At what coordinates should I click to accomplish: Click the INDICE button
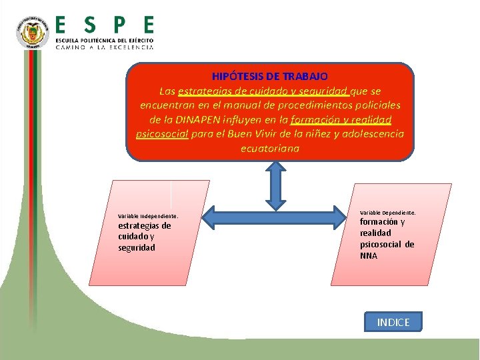(393, 323)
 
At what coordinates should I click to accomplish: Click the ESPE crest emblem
(32, 34)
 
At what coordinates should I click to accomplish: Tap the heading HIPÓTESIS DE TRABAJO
(270, 77)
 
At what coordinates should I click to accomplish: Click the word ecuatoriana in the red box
(270, 149)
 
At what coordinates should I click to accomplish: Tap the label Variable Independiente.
(148, 216)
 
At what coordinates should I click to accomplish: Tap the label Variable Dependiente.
(388, 212)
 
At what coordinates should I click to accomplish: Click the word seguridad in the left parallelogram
(137, 247)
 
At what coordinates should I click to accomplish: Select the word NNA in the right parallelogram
(369, 255)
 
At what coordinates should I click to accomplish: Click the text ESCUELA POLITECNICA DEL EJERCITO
(105, 41)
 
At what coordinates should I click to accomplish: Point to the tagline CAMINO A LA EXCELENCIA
(105, 48)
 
